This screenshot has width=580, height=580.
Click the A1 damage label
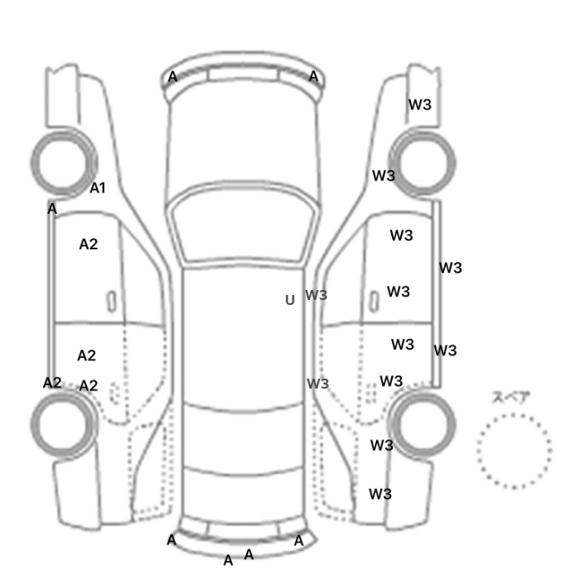click(98, 188)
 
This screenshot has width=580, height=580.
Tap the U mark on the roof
click(290, 300)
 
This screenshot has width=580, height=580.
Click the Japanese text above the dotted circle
click(507, 398)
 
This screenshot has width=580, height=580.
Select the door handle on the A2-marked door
click(111, 302)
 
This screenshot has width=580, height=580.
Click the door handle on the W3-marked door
click(375, 302)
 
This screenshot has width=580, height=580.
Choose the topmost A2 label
click(89, 244)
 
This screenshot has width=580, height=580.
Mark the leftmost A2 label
click(52, 383)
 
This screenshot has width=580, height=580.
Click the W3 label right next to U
click(317, 295)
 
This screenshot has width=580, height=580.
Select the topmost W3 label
click(420, 104)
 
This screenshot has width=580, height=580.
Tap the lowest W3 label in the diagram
click(380, 494)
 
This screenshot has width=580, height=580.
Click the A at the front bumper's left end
click(172, 77)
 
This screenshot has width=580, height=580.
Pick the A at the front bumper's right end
click(313, 76)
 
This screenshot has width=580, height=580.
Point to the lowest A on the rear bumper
click(228, 561)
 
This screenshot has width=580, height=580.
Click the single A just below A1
click(52, 209)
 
